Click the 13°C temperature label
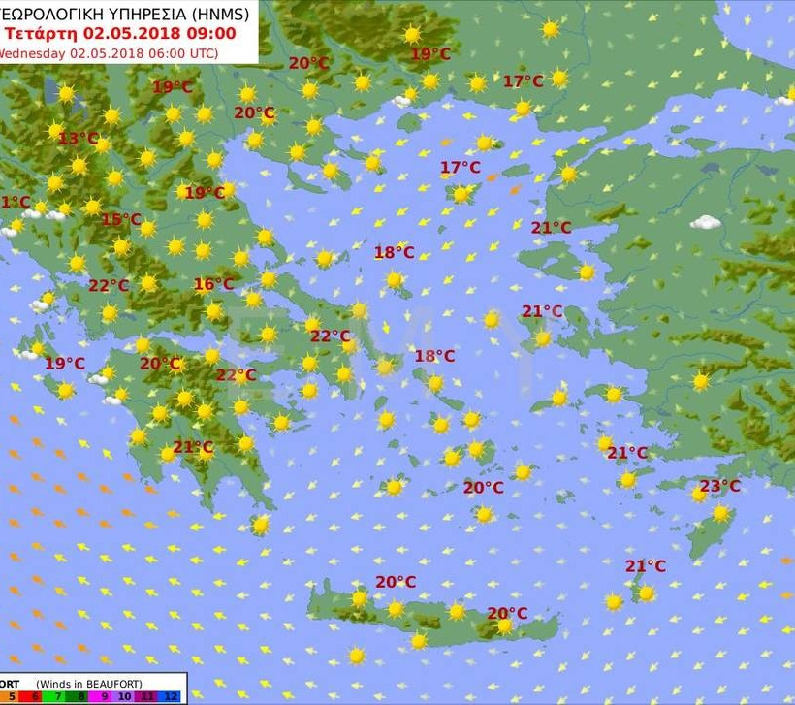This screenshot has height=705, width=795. tap(79, 138)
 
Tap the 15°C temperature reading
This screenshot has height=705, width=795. tap(121, 219)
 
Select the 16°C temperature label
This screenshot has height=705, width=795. tap(213, 284)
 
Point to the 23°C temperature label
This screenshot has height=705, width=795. tap(719, 486)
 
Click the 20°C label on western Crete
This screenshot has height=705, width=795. tap(396, 582)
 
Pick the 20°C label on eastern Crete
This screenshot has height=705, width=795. tap(507, 613)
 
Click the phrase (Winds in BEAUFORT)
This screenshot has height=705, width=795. tap(89, 684)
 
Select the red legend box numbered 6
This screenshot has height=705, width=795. tap(35, 696)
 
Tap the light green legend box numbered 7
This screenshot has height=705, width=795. tap(57, 696)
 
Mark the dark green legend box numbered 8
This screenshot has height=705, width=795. tap(80, 696)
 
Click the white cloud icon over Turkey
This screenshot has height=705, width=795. tap(706, 222)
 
